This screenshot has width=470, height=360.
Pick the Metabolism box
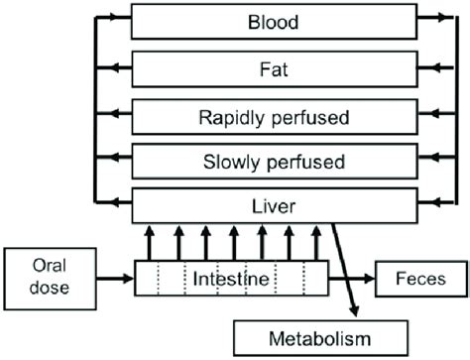319,336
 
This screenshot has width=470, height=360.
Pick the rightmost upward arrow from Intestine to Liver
316,243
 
